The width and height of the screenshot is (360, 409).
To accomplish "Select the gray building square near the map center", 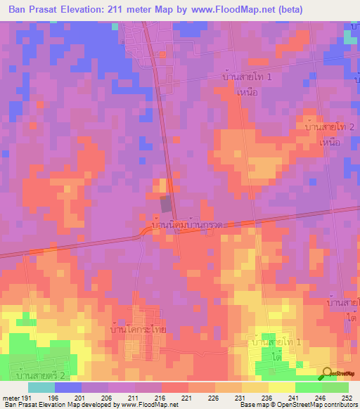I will [x=166, y=204].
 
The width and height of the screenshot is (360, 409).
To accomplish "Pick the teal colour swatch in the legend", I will [x=41, y=387].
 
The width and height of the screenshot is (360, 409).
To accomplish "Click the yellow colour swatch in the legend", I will [x=281, y=387].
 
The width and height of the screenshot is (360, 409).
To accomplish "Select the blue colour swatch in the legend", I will [x=68, y=387].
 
